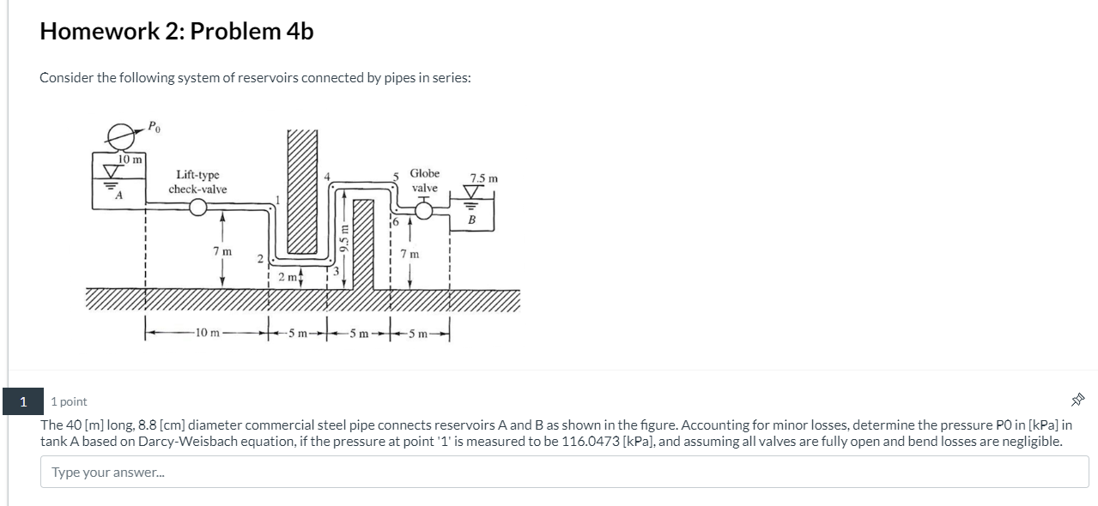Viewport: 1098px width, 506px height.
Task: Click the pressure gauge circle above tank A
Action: click(x=120, y=136)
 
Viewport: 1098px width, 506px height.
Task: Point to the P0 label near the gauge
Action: click(x=154, y=127)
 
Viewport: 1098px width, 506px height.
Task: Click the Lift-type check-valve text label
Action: click(x=197, y=182)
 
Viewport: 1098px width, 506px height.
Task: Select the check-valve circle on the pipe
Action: click(x=198, y=208)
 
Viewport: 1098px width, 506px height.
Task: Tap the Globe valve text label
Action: click(x=424, y=180)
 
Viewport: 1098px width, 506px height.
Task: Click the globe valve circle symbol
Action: click(x=424, y=211)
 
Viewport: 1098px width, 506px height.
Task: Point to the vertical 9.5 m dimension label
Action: click(x=344, y=238)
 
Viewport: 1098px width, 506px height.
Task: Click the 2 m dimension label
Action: click(x=288, y=277)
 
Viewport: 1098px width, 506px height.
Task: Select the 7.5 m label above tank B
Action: click(x=484, y=178)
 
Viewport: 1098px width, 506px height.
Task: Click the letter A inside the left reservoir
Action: click(x=118, y=196)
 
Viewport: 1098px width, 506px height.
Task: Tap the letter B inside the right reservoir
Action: click(x=471, y=220)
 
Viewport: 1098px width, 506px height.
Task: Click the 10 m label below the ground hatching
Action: click(x=208, y=333)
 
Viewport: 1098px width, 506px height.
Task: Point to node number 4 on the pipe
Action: click(x=327, y=177)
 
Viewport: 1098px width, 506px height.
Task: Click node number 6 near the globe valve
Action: click(x=396, y=221)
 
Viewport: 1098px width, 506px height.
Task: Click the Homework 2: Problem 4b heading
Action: click(x=177, y=31)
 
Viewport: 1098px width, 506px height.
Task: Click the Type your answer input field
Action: click(x=564, y=472)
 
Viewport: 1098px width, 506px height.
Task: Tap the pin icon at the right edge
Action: click(x=1077, y=400)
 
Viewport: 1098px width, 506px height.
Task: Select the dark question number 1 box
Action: click(x=23, y=401)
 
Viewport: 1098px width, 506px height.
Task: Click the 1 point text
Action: click(x=69, y=401)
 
